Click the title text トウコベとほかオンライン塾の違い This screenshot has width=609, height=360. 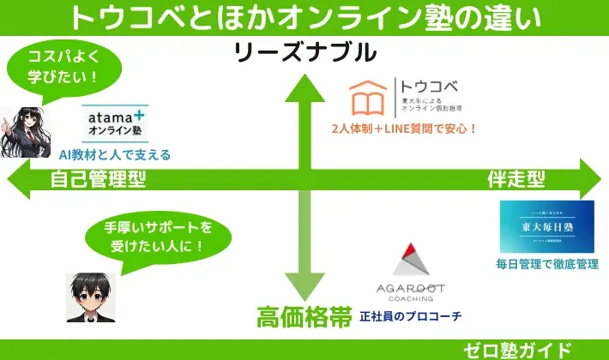(304, 17)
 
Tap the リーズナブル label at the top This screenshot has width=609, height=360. (305, 53)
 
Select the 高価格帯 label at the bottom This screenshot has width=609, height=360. (304, 317)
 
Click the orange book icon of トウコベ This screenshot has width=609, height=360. (371, 99)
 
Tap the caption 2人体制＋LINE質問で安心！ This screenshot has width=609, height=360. (404, 130)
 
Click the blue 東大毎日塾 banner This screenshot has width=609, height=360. (546, 227)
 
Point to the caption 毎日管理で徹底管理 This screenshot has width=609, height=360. (546, 265)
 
